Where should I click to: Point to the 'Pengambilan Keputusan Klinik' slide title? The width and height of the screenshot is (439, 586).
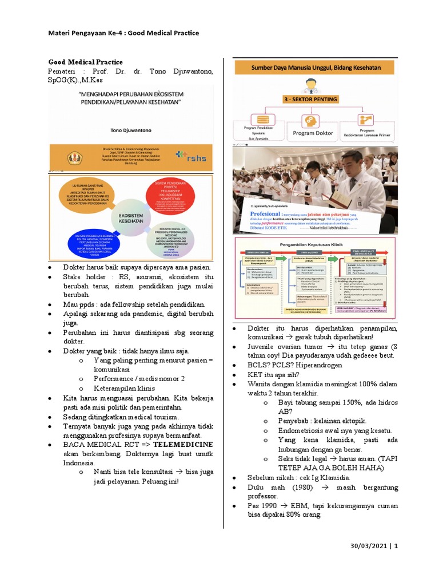314,243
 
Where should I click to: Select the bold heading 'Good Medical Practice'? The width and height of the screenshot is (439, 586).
85,61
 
